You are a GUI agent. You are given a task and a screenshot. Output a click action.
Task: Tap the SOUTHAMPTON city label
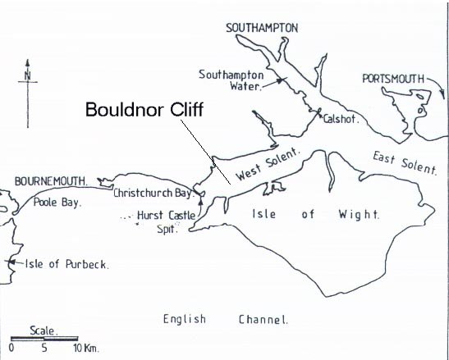(x=262, y=29)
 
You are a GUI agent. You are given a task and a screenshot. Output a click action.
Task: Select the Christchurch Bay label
(x=153, y=194)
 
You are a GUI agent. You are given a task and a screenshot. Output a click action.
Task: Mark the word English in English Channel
(x=184, y=318)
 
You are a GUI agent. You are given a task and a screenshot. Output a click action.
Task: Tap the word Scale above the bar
(x=43, y=330)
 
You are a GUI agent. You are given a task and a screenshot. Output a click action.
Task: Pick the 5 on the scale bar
(x=44, y=349)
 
